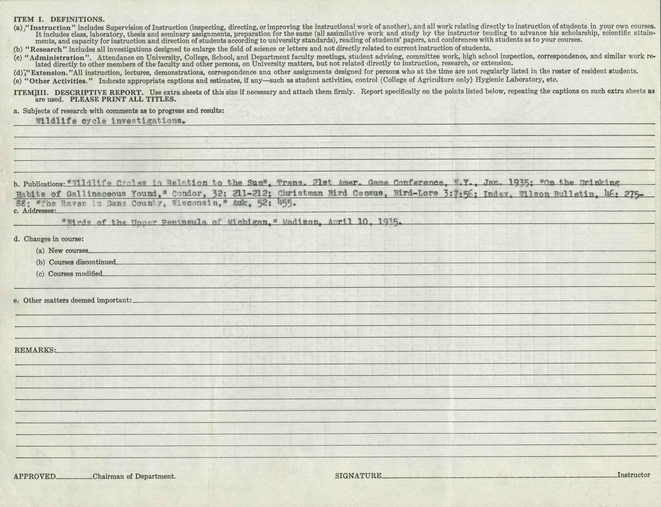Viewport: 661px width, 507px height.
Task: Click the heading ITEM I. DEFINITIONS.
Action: click(x=59, y=19)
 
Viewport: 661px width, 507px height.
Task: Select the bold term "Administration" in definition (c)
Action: click(x=56, y=57)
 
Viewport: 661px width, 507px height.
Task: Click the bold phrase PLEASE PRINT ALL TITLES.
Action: click(x=122, y=99)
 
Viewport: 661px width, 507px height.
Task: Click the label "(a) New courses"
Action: click(x=62, y=250)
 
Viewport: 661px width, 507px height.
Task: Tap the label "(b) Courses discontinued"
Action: click(x=76, y=262)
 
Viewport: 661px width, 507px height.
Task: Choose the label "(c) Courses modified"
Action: click(x=69, y=274)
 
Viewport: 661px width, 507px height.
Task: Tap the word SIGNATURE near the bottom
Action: click(x=358, y=476)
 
